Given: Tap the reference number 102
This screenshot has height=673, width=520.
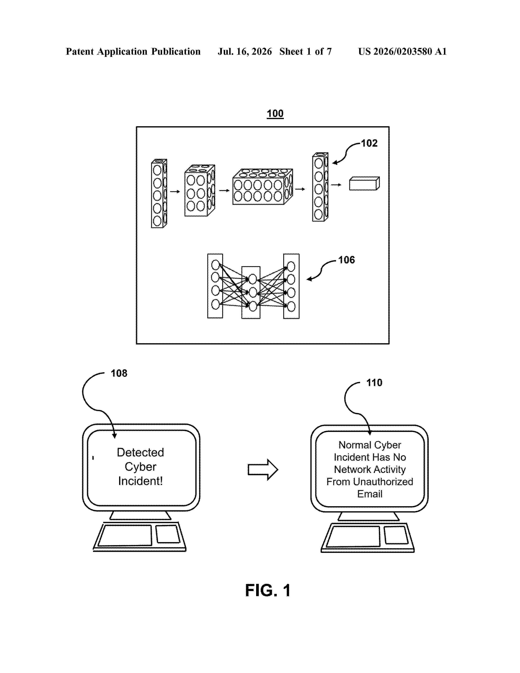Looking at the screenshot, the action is coord(369,143).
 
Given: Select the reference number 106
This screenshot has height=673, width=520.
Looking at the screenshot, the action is coord(346,260).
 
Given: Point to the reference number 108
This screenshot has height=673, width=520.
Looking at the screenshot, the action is coord(119,373).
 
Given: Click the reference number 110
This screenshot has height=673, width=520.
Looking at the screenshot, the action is coord(374,383).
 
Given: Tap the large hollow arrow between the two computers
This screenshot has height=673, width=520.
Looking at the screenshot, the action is coord(263,470).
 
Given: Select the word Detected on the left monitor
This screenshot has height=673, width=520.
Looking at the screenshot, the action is coord(141,452).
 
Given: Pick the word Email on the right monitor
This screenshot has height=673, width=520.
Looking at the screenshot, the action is coord(370,494).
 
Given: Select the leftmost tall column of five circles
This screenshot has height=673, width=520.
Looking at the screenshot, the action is coord(159,194).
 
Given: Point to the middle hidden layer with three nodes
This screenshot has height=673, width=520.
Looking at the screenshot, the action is coord(251,292).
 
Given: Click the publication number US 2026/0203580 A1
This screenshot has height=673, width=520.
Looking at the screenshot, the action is coord(402,51).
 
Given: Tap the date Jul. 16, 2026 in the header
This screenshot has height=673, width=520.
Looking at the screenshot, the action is coord(245,51).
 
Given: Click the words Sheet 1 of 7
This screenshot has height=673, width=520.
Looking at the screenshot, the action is coord(306,51).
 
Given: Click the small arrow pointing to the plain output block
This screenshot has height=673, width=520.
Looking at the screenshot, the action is coord(336,185).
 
